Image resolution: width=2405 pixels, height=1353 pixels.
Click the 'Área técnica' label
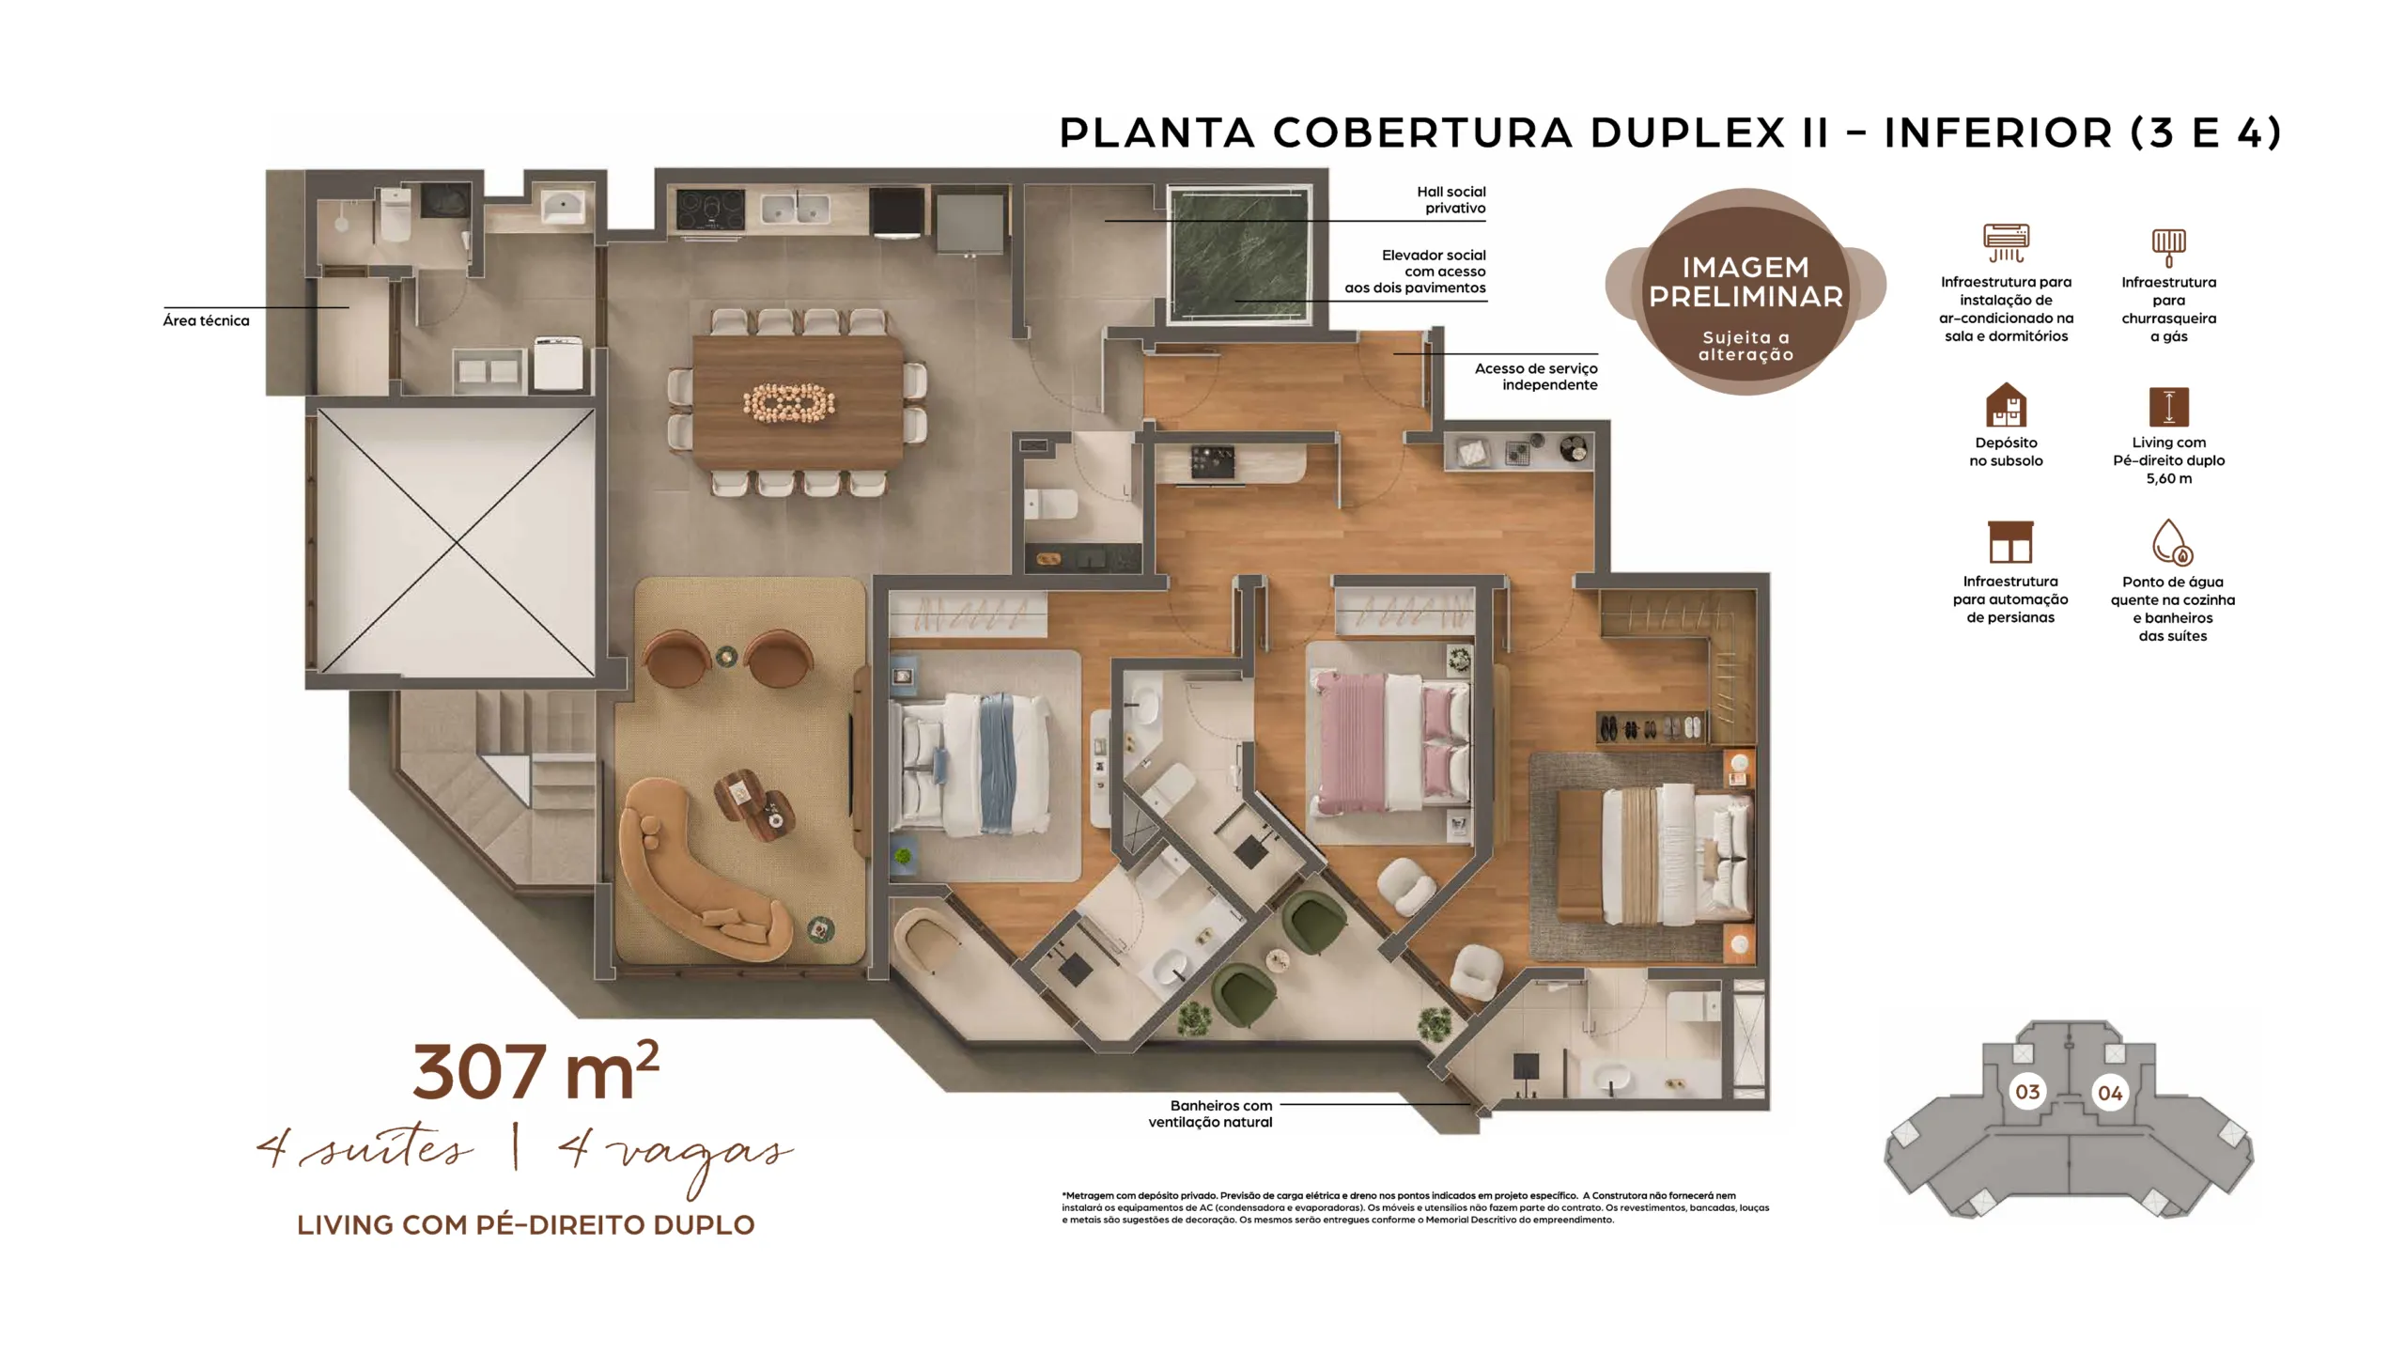pos(206,320)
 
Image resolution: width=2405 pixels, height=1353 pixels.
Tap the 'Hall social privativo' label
pos(1451,200)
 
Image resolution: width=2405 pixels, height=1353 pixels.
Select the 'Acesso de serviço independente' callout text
pos(1536,377)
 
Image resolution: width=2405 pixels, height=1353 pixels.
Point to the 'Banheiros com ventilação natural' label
pos(1210,1113)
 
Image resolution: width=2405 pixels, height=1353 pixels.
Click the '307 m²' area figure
pos(535,1071)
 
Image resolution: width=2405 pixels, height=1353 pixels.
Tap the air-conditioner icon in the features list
pos(2006,242)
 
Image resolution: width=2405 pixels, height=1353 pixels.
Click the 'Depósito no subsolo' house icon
pos(2006,405)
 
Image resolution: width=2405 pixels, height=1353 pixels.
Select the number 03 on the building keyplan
pos(2027,1092)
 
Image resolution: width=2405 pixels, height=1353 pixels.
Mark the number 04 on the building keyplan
pos(2110,1093)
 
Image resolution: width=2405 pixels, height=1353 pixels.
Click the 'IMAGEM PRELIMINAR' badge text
pos(1746,282)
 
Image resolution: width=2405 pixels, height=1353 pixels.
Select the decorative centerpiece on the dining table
pos(789,403)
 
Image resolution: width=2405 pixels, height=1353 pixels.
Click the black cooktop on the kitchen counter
pos(710,210)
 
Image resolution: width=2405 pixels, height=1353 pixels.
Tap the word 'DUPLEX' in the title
pos(1686,133)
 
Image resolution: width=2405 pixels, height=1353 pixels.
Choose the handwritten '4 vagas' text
pos(675,1155)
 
